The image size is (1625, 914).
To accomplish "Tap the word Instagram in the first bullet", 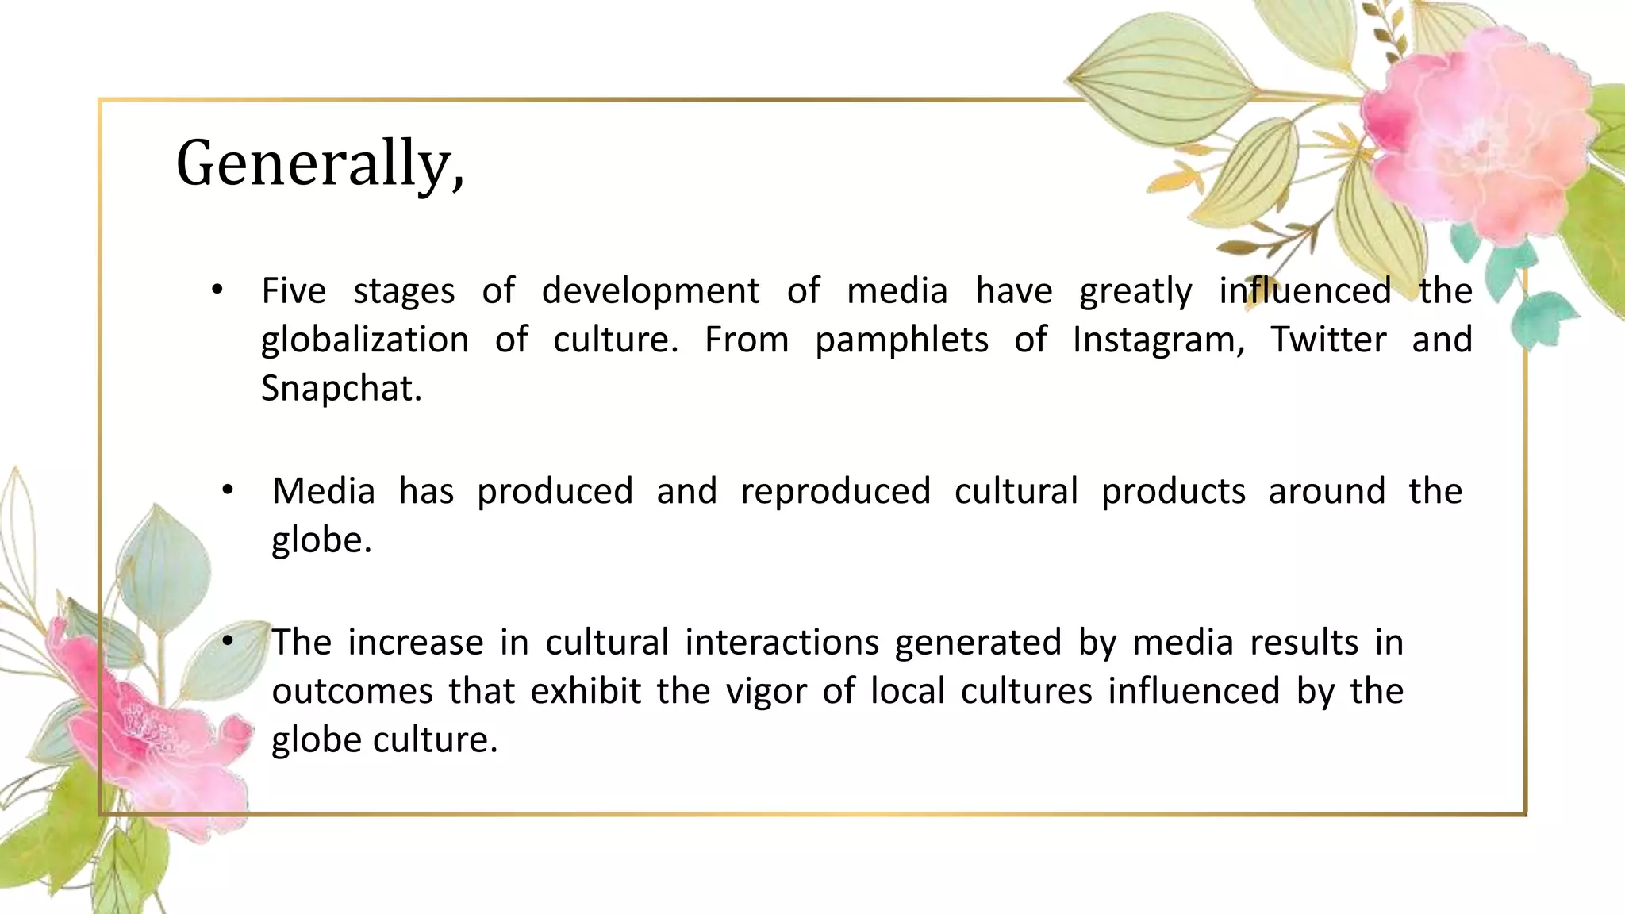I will (x=1158, y=340).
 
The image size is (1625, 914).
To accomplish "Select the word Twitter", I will (x=1328, y=340).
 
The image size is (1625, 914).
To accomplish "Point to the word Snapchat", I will (x=341, y=389).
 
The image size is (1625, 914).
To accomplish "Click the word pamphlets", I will (x=901, y=340).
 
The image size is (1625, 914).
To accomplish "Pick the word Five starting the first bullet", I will (x=294, y=290).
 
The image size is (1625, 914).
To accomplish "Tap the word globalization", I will (x=365, y=340).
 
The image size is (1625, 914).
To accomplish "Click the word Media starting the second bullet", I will (x=323, y=491).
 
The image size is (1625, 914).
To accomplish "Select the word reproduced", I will (x=836, y=491).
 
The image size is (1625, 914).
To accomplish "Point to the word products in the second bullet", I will (x=1174, y=491).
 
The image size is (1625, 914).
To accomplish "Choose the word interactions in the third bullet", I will (x=782, y=642).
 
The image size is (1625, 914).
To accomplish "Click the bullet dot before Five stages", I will (x=217, y=290).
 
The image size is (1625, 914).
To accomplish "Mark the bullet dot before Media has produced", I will (x=228, y=491).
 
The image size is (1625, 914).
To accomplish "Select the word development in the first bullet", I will (x=651, y=290).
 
